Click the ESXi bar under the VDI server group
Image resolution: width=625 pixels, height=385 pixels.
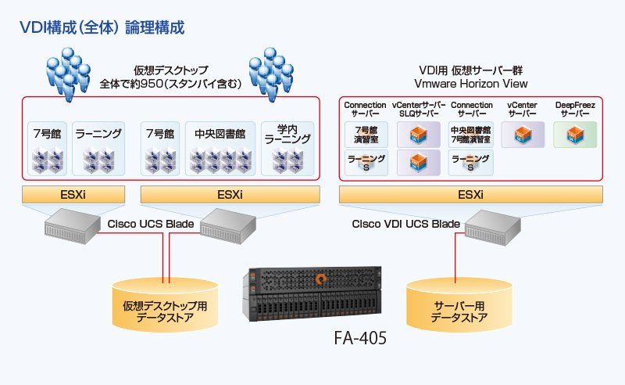pyautogui.click(x=470, y=194)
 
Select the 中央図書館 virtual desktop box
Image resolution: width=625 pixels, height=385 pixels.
pyautogui.click(x=220, y=148)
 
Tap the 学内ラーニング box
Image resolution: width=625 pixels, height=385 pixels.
pyautogui.click(x=287, y=148)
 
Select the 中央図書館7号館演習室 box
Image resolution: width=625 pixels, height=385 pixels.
pyautogui.click(x=471, y=135)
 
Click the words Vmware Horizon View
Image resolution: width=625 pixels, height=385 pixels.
pyautogui.click(x=471, y=84)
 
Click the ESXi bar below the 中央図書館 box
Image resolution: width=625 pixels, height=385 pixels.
pyautogui.click(x=230, y=194)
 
